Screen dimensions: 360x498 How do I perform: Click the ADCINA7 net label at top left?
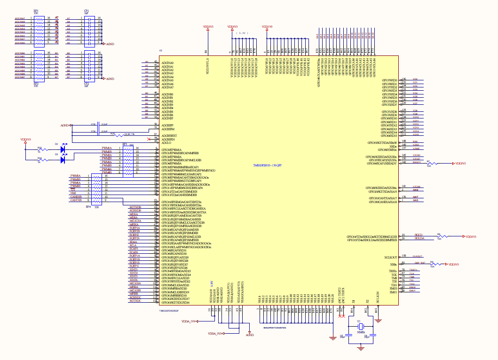coord(20,18)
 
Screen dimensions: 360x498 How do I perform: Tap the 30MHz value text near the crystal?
coord(360,332)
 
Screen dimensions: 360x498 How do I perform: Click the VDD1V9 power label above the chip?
coord(267,27)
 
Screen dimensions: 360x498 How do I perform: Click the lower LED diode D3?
coord(63,160)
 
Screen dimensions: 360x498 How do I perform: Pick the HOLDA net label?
coord(419,238)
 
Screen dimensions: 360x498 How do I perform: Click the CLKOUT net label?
coord(418,256)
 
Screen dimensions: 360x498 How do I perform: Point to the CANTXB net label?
coord(76,200)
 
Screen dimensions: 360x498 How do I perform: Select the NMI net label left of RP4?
coord(73,193)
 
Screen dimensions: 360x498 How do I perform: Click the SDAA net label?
coord(133,242)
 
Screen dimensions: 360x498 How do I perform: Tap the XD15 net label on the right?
coord(415,134)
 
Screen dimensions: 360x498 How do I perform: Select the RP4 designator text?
coord(88,207)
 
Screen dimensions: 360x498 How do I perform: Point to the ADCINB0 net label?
coord(20,54)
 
